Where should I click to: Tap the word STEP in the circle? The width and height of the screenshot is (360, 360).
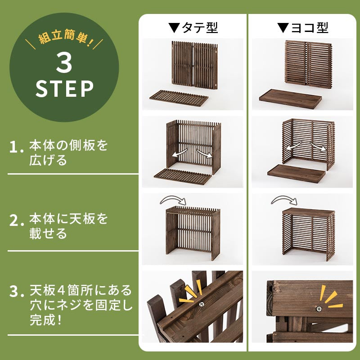click(x=64, y=89)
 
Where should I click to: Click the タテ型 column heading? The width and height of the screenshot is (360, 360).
click(x=200, y=27)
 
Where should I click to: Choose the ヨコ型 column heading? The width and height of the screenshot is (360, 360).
click(x=310, y=27)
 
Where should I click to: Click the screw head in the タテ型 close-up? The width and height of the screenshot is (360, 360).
click(x=202, y=304)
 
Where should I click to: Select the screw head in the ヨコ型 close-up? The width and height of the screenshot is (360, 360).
click(x=319, y=309)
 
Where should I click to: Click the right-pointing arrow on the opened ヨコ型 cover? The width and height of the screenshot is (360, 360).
click(x=319, y=147)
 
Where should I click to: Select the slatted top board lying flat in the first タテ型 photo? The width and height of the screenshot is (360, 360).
click(x=179, y=98)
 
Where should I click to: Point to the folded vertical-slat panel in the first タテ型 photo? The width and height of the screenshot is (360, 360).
click(x=195, y=65)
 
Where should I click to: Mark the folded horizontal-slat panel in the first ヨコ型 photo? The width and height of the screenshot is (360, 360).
click(x=308, y=64)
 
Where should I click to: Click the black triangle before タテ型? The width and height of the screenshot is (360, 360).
click(x=174, y=27)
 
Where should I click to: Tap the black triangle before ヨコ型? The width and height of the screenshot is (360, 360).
click(x=283, y=27)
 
